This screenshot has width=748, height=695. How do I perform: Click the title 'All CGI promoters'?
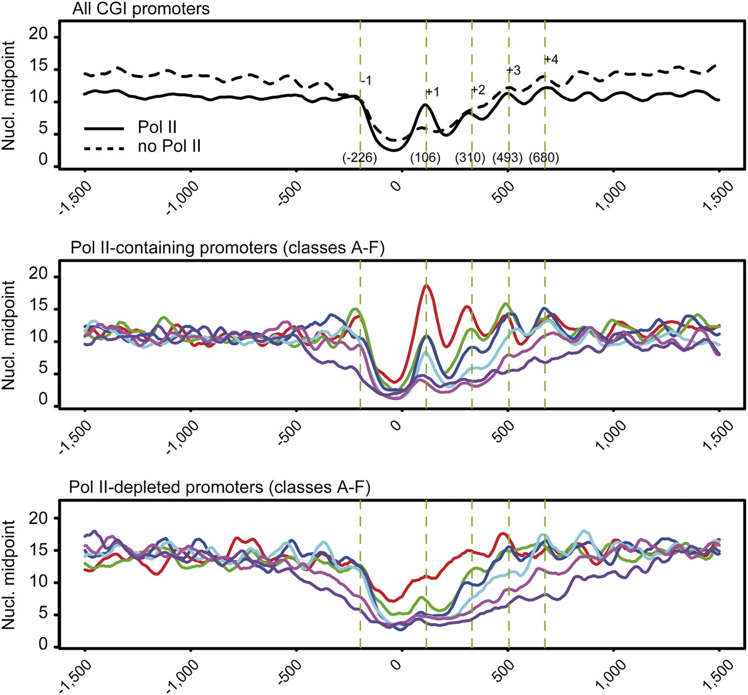[141, 9]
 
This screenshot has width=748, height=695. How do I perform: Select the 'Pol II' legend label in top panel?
[158, 127]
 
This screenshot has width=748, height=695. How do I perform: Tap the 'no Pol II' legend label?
[169, 146]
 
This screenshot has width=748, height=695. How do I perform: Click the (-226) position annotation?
[360, 158]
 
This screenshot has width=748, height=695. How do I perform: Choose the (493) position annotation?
[508, 158]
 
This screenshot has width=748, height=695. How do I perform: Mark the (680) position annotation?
[544, 158]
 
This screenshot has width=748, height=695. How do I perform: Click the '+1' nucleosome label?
[432, 92]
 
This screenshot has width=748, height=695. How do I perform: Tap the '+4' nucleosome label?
[551, 60]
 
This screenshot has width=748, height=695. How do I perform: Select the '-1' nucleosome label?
[366, 81]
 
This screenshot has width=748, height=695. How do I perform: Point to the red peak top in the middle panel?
[427, 285]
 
